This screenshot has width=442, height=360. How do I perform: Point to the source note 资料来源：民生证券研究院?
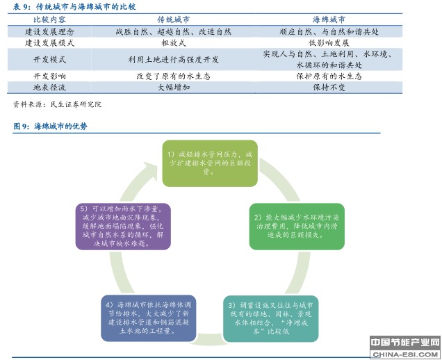click(x=58, y=104)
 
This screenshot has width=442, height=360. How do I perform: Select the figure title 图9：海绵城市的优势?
click(x=51, y=126)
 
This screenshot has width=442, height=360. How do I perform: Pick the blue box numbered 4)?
click(x=148, y=318)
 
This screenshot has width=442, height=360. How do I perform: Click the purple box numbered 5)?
click(x=124, y=226)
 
